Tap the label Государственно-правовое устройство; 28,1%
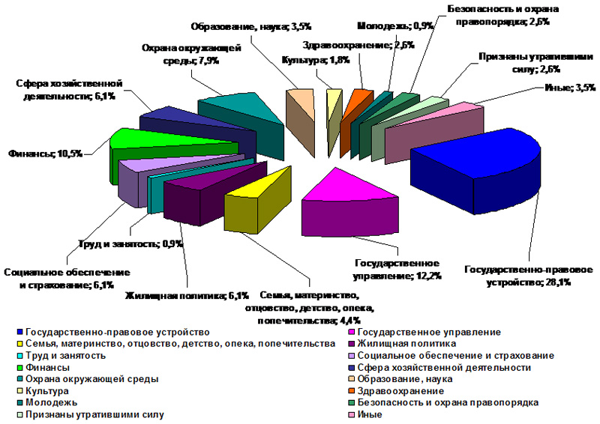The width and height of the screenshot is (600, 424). coord(529,276)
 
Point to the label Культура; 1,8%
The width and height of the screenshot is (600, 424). coord(305,60)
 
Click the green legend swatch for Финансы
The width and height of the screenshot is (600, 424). coord(19,368)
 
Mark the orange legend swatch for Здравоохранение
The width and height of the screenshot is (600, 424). coord(352,391)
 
